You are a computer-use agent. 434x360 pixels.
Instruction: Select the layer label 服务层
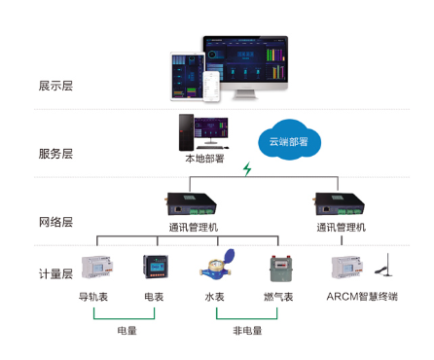[54, 154]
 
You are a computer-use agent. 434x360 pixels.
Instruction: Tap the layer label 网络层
[54, 222]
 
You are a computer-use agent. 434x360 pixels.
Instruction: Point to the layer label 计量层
[54, 274]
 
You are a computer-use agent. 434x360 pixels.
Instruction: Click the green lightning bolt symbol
[247, 169]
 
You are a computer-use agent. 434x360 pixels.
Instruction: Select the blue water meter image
[215, 266]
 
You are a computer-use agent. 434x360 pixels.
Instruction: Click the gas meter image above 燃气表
[280, 267]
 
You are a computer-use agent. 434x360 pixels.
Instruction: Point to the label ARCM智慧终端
[361, 296]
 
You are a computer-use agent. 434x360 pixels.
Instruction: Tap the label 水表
[215, 296]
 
